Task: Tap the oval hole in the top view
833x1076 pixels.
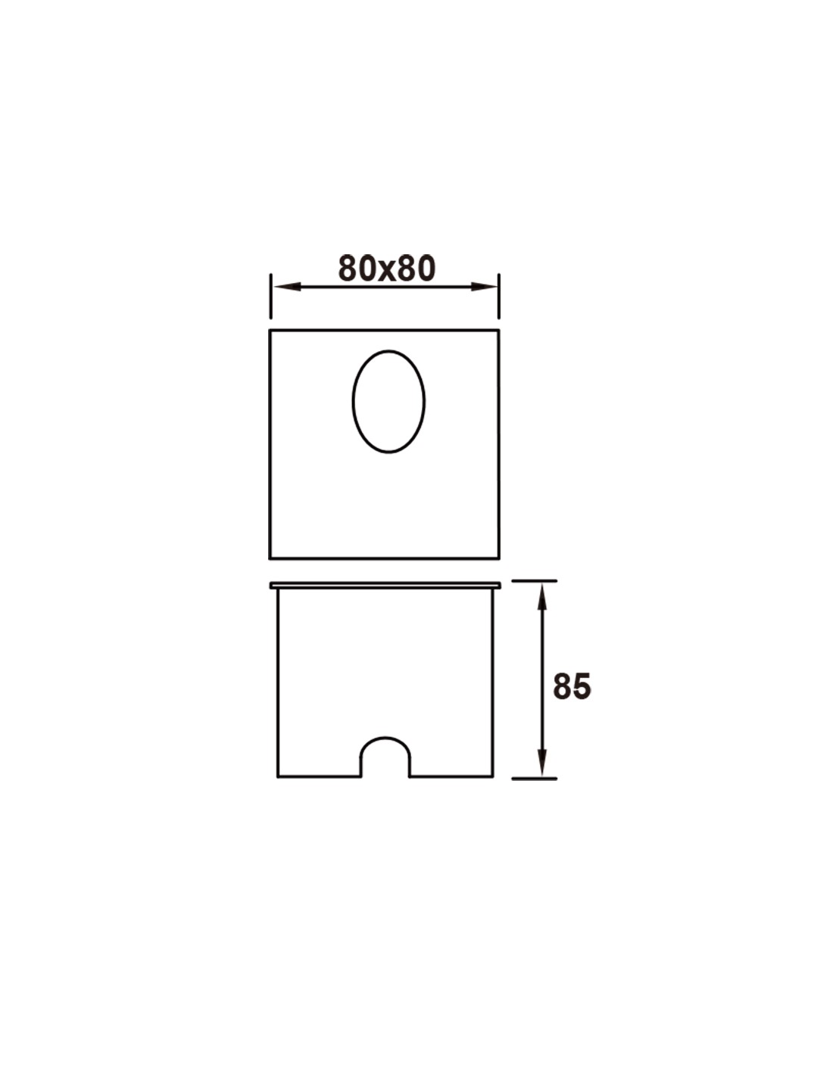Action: pyautogui.click(x=388, y=402)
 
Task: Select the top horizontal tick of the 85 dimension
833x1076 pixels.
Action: pyautogui.click(x=535, y=581)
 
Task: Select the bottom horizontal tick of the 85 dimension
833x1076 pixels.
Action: pyautogui.click(x=535, y=778)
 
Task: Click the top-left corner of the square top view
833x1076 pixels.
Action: pyautogui.click(x=270, y=331)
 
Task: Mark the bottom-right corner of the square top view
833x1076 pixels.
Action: pyautogui.click(x=498, y=558)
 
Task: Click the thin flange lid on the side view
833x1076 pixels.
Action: pyautogui.click(x=385, y=585)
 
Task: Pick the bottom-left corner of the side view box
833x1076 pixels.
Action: pyautogui.click(x=278, y=776)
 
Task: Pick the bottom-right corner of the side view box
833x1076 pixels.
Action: pyautogui.click(x=493, y=776)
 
